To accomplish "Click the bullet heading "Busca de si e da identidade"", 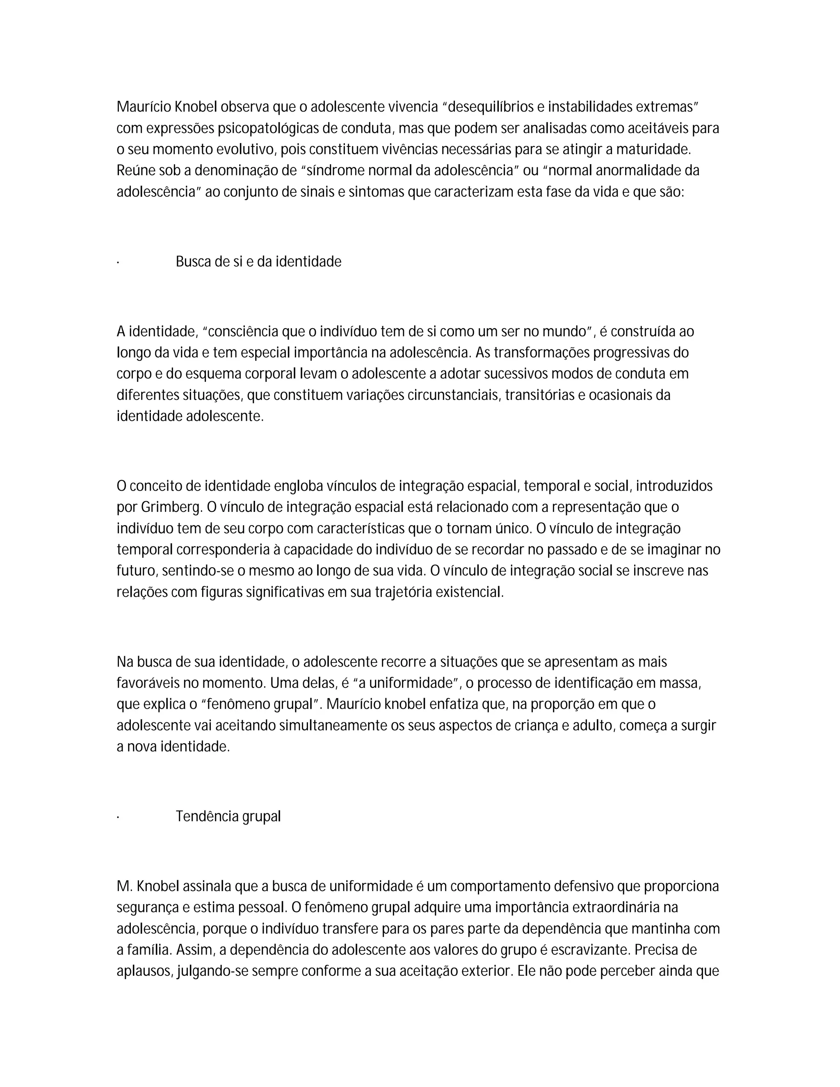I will pos(258,262).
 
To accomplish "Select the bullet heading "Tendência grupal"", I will pos(228,817).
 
